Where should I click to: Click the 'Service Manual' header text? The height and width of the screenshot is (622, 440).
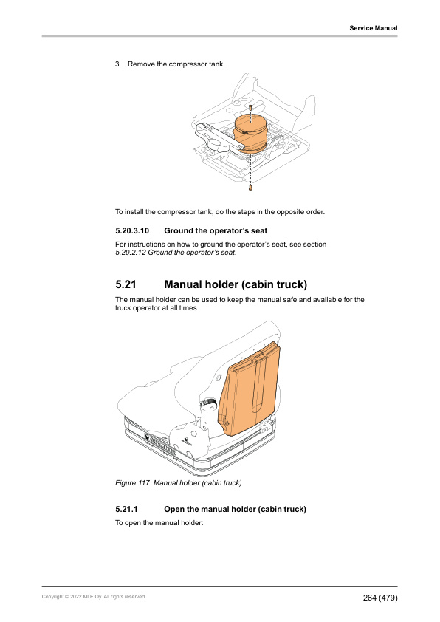pos(373,28)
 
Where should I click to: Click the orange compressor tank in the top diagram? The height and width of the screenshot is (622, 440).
pos(252,133)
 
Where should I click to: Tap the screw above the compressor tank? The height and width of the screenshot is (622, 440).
pos(251,108)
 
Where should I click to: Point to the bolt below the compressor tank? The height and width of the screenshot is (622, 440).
pos(251,188)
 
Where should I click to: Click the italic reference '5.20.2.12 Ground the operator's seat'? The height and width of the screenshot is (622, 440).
pos(176,253)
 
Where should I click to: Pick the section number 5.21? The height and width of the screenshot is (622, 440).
pos(127,284)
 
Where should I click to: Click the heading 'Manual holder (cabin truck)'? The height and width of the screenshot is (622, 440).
pos(236,284)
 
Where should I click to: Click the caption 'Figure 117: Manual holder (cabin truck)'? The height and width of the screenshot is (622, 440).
pos(179,483)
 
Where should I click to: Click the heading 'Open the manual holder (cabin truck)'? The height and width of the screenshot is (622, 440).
pos(235,510)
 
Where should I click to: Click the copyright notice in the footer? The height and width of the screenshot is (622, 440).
pos(94,596)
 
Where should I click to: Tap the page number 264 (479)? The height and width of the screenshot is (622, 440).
pos(379,597)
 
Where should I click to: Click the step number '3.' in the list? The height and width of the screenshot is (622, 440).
pos(118,64)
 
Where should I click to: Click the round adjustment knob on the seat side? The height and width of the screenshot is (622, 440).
pos(209,405)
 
